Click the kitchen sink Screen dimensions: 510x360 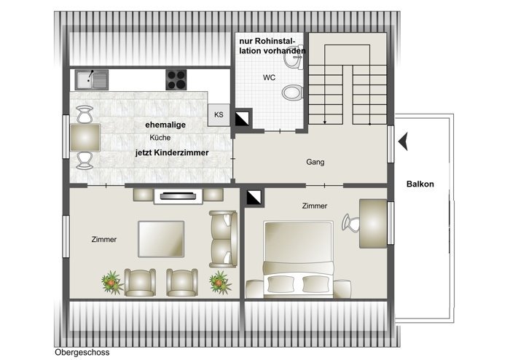pyautogui.click(x=91, y=79)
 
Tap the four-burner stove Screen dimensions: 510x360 pyautogui.click(x=176, y=79)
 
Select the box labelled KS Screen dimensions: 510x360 pyautogui.click(x=219, y=115)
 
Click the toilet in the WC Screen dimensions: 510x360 pyautogui.click(x=292, y=93)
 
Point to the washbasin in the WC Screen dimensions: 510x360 pyautogui.click(x=294, y=58)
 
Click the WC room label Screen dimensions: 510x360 pyautogui.click(x=270, y=78)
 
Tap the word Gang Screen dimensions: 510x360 pyautogui.click(x=315, y=162)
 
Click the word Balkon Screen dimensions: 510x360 pyautogui.click(x=420, y=184)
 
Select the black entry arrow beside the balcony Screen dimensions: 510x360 pyautogui.click(x=404, y=141)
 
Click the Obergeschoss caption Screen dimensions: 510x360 pyautogui.click(x=82, y=353)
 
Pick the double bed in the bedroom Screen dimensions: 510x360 pyautogui.click(x=299, y=259)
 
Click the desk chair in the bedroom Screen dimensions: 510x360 pyautogui.click(x=350, y=222)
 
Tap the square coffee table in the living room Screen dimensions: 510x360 pyautogui.click(x=161, y=239)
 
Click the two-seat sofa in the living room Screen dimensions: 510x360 pyautogui.click(x=223, y=239)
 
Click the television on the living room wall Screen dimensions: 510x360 pyautogui.click(x=178, y=196)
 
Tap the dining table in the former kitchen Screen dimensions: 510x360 pyautogui.click(x=85, y=138)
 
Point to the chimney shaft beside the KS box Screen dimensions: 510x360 pyautogui.click(x=242, y=119)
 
